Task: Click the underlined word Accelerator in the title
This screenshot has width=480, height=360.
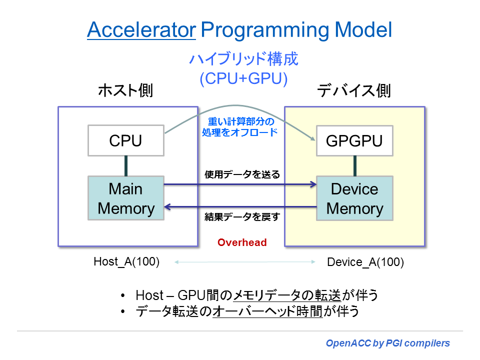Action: point(141,30)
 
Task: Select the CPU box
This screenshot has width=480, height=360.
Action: point(125,140)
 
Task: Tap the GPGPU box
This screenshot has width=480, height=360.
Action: point(354,140)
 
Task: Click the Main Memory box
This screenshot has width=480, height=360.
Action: point(126,198)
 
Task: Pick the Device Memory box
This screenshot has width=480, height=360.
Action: point(354,198)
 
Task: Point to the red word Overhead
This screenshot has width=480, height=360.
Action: point(242,242)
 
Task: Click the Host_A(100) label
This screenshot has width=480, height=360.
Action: point(126,261)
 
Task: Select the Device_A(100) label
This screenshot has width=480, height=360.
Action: point(365,262)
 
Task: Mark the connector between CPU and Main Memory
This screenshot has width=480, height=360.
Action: point(126,165)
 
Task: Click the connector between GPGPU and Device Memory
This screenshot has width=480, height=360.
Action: point(354,165)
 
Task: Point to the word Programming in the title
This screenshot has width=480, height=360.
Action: point(264,30)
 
